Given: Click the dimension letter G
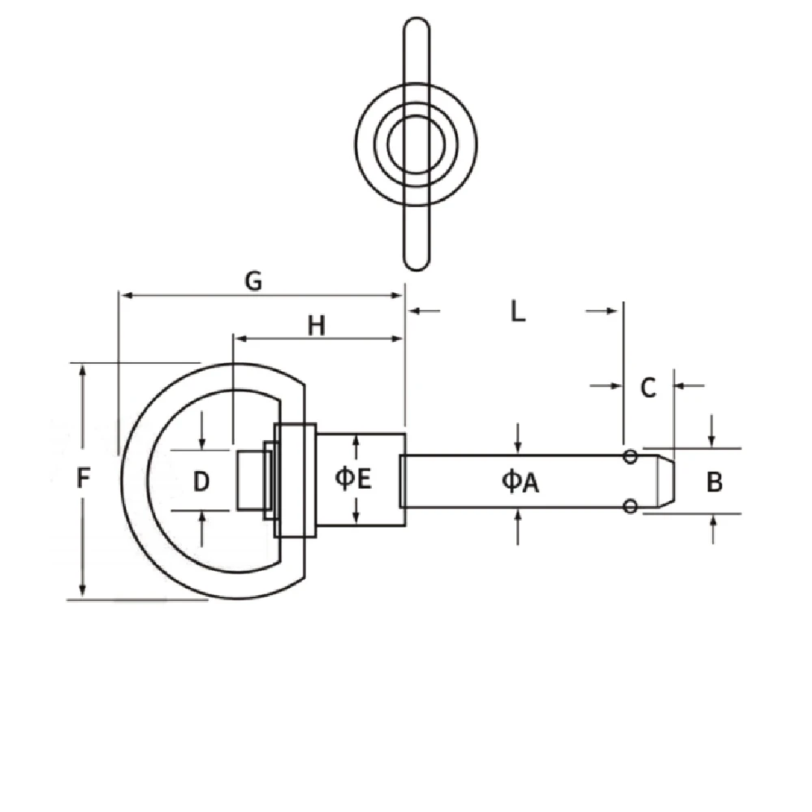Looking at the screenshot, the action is tap(253, 281).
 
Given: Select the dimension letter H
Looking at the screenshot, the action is tap(317, 326).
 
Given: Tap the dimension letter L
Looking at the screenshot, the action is tap(518, 311).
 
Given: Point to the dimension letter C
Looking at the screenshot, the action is tap(648, 387).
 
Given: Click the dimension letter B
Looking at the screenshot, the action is tap(714, 482).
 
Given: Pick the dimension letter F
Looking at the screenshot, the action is tap(83, 478).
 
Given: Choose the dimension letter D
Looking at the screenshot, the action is tap(201, 482).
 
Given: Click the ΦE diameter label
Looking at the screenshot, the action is tap(353, 478).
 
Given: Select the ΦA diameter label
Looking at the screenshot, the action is tap(520, 482).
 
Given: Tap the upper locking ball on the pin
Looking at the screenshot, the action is tap(630, 456).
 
